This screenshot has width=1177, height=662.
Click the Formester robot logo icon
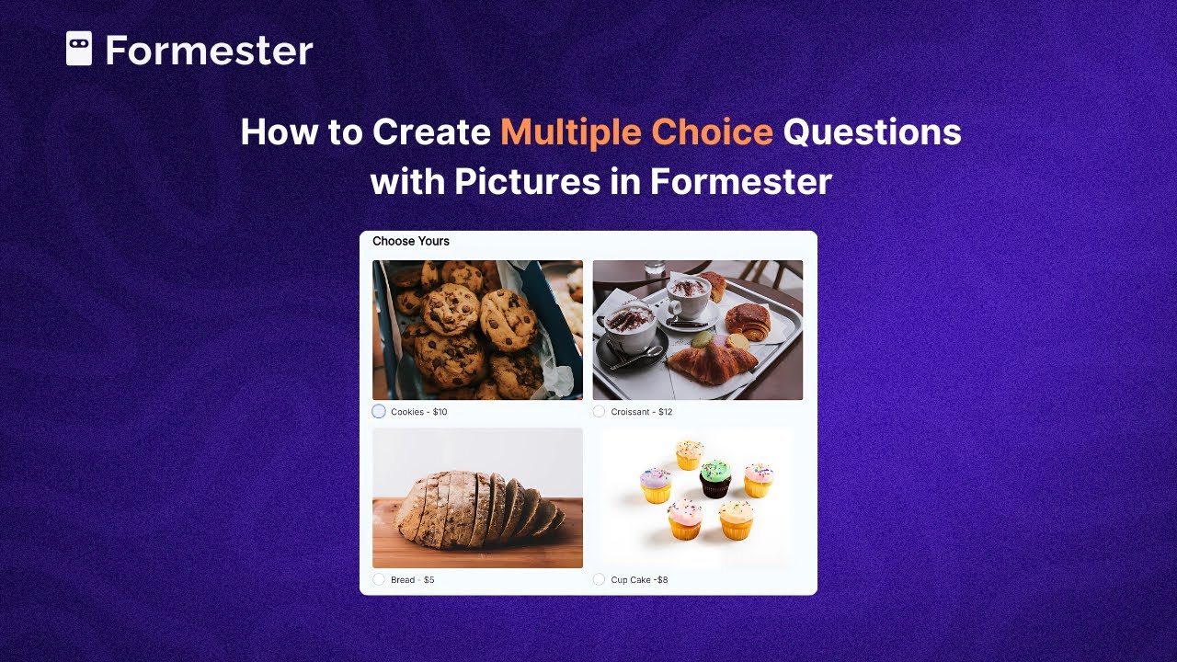tap(79, 49)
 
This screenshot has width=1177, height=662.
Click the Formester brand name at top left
tap(209, 51)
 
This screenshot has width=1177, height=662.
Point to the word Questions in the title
tap(872, 132)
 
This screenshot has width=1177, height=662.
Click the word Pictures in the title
tap(527, 181)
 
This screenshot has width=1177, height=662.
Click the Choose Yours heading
tap(411, 242)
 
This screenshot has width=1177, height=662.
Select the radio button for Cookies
tap(379, 411)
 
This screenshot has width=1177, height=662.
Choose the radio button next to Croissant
tap(600, 411)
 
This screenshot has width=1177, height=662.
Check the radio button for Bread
tap(379, 579)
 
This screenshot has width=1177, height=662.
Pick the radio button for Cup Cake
tap(600, 579)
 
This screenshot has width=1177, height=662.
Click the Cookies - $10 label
tap(419, 412)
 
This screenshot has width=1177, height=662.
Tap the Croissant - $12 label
tap(642, 412)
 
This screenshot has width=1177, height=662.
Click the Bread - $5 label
tap(413, 580)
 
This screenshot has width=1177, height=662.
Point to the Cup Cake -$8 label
tap(640, 580)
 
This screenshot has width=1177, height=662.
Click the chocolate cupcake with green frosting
tap(715, 478)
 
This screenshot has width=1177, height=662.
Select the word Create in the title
tap(431, 132)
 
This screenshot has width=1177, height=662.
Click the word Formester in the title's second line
tap(741, 181)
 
